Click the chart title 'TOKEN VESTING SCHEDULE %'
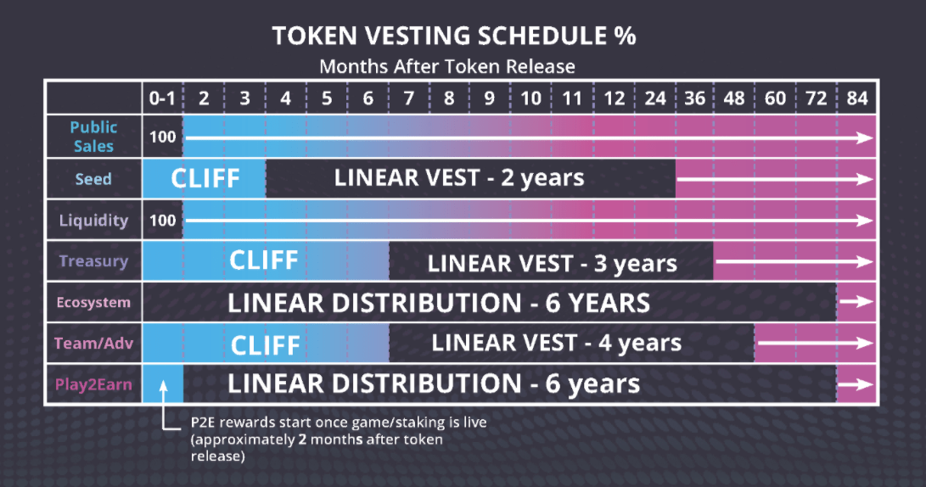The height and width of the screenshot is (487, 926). coord(453,36)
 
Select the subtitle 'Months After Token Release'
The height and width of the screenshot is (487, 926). coord(447,66)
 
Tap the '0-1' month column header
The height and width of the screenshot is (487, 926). coord(162,98)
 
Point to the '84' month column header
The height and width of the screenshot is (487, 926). coord(857,98)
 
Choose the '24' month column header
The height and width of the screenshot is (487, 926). coord(655,98)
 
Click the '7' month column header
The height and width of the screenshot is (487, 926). coord(408,98)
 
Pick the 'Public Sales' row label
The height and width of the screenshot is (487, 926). coord(93,137)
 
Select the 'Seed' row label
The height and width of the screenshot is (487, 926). coord(93,179)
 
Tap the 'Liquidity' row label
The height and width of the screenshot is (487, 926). coord(93,221)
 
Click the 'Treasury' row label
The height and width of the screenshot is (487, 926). coord(93,261)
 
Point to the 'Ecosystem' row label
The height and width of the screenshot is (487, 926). coord(93,302)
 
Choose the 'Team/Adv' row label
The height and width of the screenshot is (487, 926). coord(93,343)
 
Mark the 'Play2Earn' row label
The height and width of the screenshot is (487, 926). coord(93,385)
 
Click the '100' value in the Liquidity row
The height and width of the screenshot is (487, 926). coord(162,221)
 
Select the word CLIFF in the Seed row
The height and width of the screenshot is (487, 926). coord(205,178)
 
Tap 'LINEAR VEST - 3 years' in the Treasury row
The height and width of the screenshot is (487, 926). coord(552,264)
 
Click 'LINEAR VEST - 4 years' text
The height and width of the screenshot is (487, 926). coord(556,343)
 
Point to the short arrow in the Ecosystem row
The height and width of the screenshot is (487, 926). coord(856,302)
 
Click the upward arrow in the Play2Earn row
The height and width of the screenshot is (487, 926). coord(164,391)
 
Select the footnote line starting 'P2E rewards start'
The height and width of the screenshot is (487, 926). coord(339,423)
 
